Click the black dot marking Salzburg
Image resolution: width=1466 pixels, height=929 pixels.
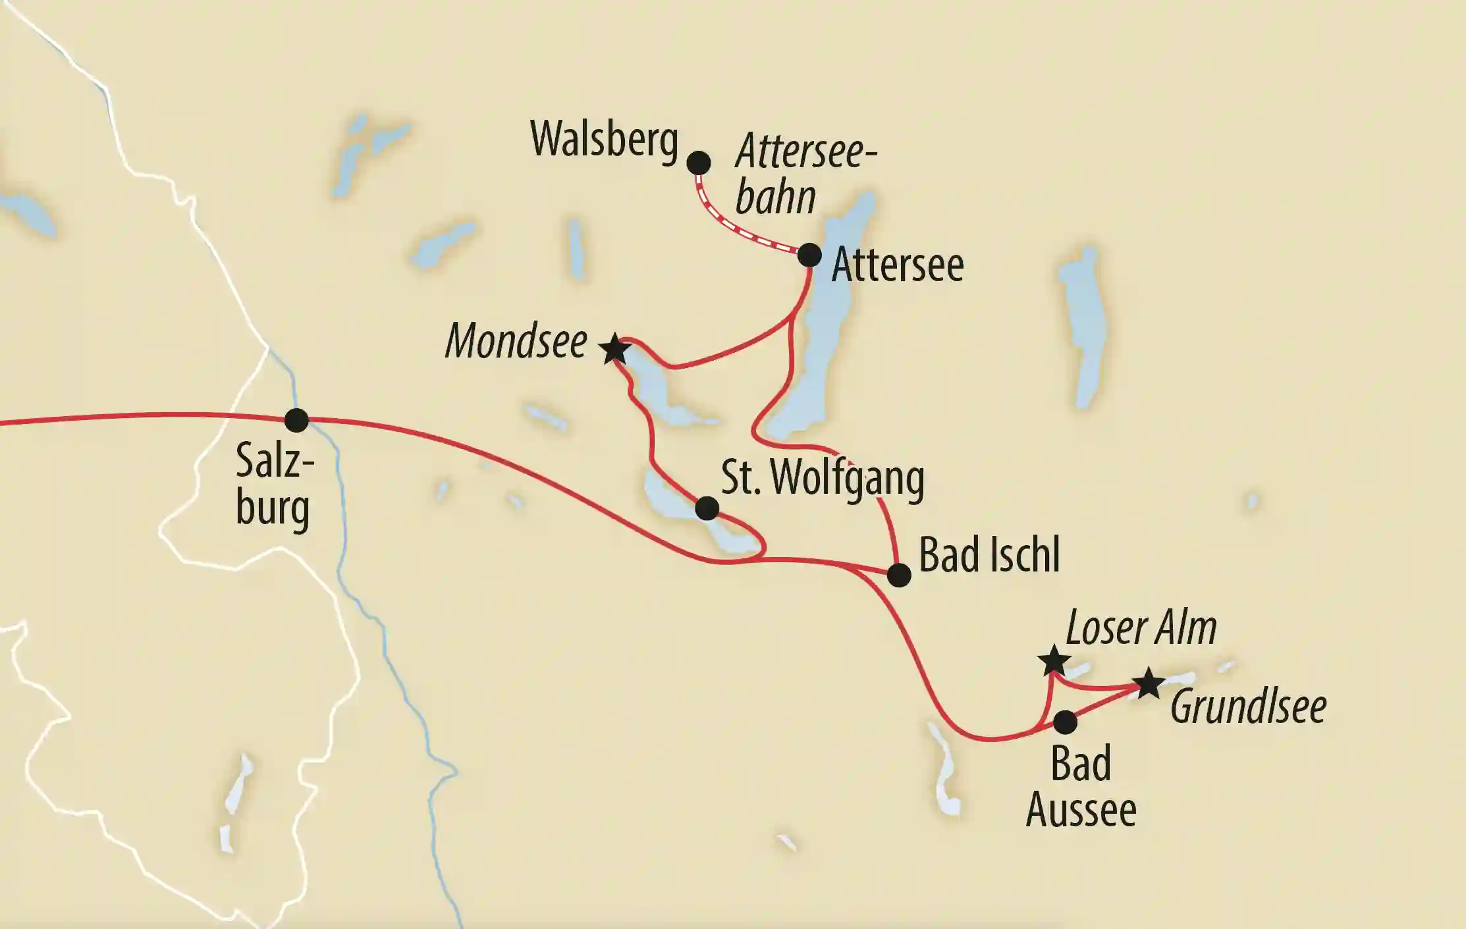tap(296, 420)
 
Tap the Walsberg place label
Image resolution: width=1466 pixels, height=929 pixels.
tap(604, 140)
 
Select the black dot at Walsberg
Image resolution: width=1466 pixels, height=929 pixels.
tap(699, 163)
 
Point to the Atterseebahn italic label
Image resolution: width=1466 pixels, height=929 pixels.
tap(805, 174)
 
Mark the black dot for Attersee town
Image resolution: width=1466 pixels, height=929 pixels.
tap(809, 255)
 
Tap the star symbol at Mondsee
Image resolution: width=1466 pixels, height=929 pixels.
tap(614, 349)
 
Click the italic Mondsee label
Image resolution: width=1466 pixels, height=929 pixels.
tap(516, 342)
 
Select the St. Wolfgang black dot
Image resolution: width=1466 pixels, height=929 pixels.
tap(707, 508)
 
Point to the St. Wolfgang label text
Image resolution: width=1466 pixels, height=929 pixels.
tap(823, 479)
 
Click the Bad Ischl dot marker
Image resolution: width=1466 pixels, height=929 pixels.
tap(899, 575)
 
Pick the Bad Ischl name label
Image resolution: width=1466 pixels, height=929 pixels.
tap(989, 555)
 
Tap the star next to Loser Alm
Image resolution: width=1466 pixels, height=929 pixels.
tap(1053, 660)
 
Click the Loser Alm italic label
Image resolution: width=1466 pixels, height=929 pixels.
tap(1141, 628)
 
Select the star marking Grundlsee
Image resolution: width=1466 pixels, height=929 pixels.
tap(1149, 683)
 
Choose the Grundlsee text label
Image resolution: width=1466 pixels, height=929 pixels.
tap(1248, 707)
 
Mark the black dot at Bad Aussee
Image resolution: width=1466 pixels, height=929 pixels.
tap(1065, 722)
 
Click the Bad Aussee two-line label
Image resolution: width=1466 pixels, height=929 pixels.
tap(1081, 787)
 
